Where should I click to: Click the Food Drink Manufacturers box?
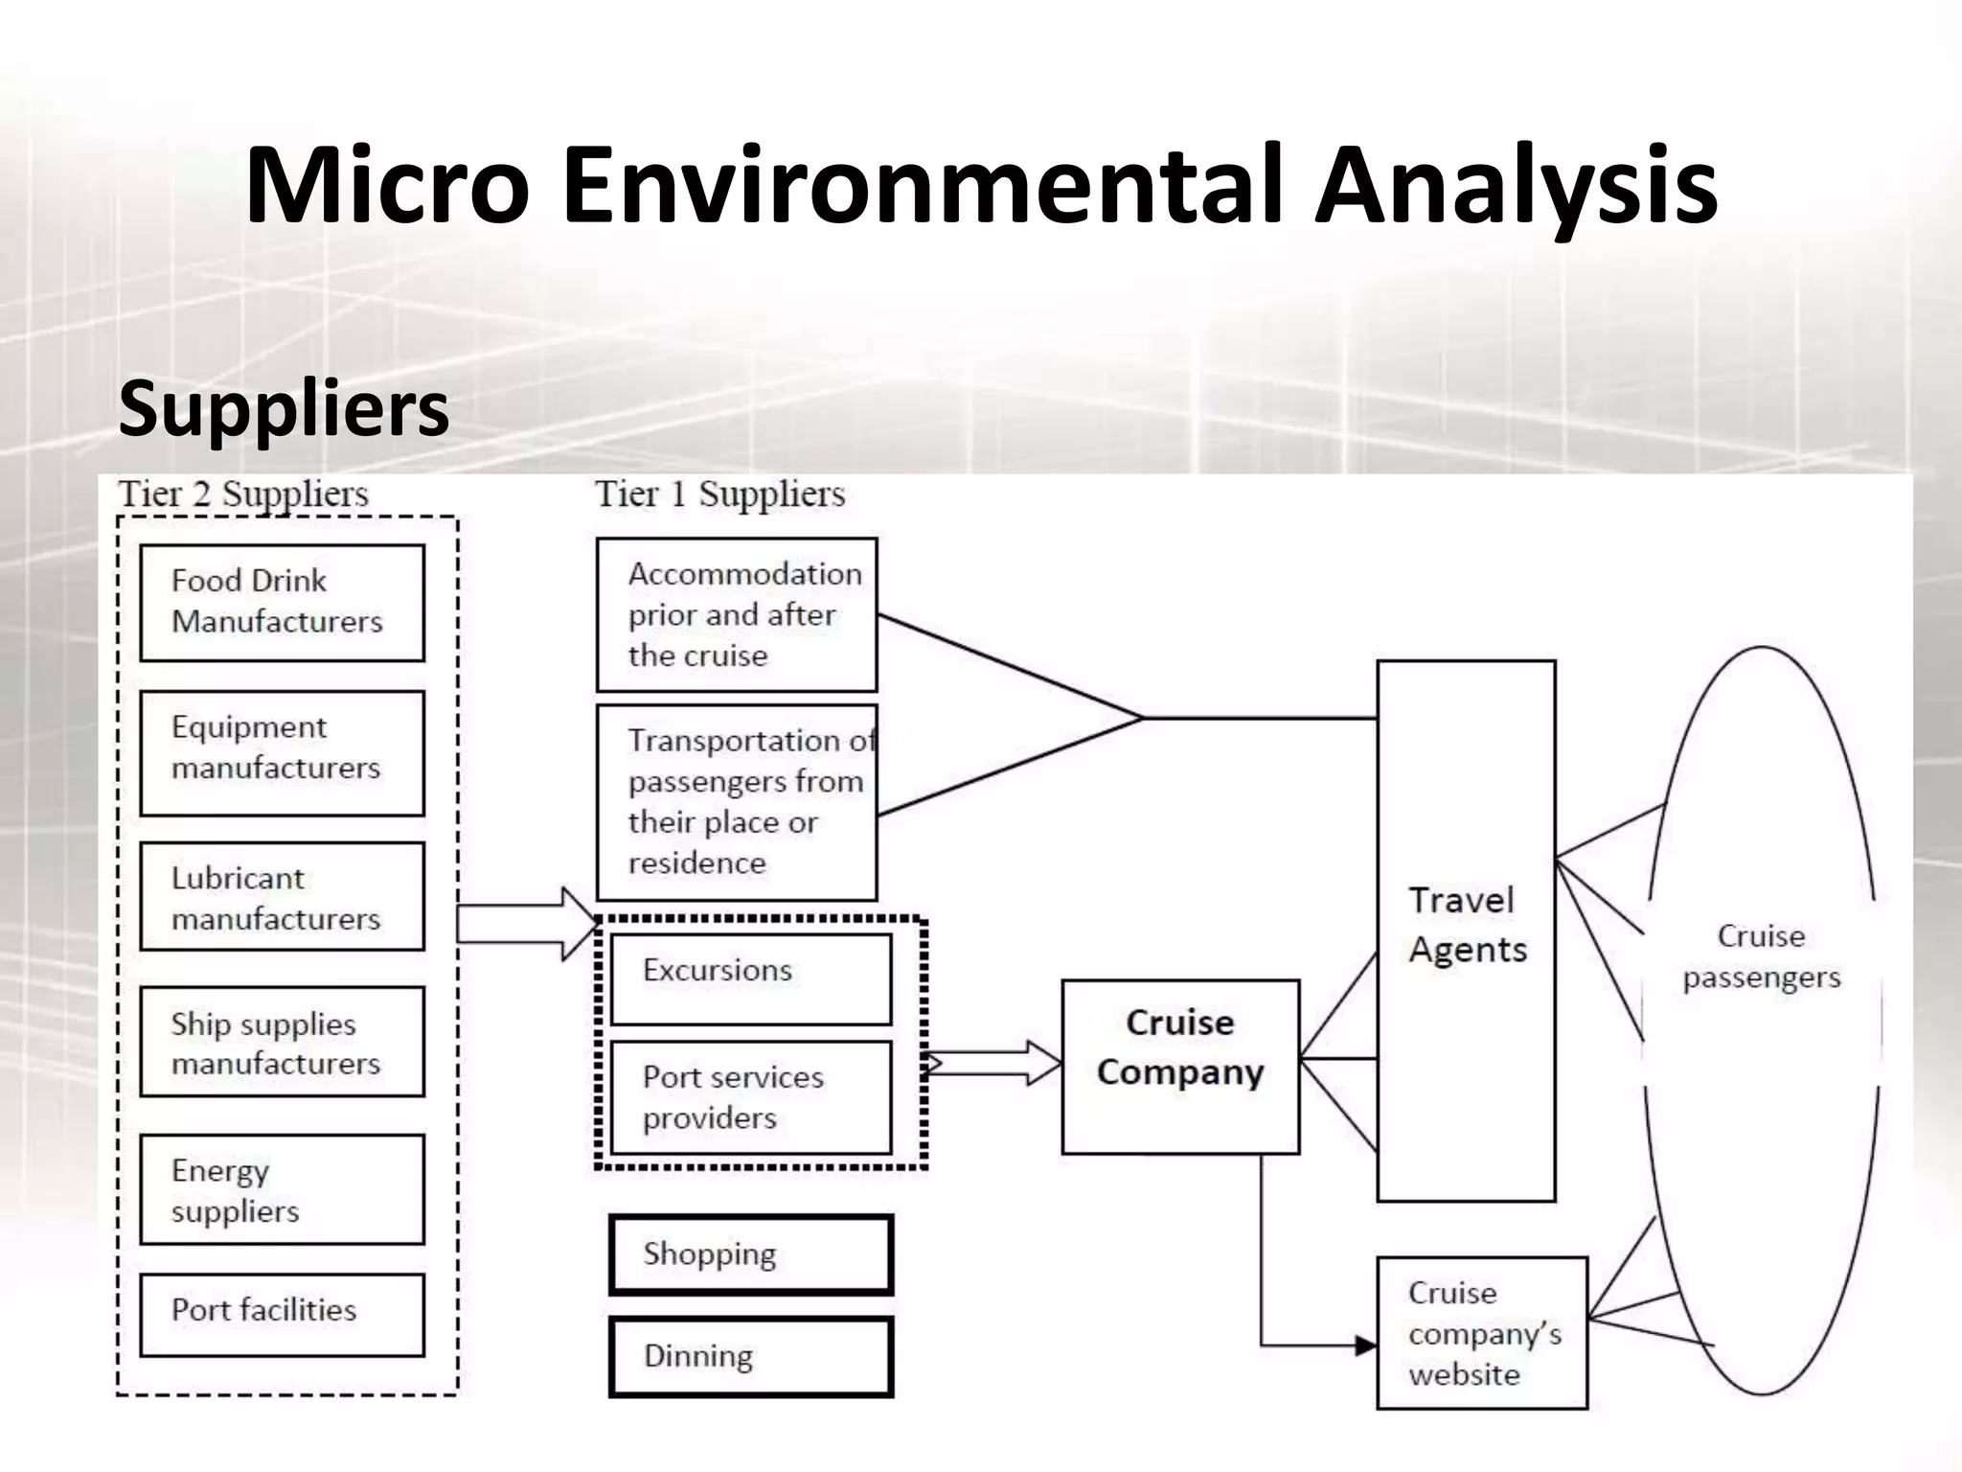coord(282,602)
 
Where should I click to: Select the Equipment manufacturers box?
coord(282,752)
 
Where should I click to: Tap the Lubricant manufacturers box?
coord(282,896)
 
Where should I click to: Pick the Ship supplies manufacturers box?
coord(282,1042)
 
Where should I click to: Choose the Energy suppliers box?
coord(282,1189)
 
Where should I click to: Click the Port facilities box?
coord(282,1314)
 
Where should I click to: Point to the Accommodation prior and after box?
coord(736,614)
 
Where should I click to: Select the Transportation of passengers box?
coord(736,802)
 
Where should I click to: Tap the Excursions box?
coord(750,978)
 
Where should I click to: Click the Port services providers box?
coord(750,1097)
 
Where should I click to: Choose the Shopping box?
coord(750,1254)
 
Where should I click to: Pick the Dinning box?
coord(750,1357)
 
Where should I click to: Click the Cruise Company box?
coord(1180,1067)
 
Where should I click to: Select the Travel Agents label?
coord(1466,925)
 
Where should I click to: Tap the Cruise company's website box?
coord(1482,1333)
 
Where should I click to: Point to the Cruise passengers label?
coord(1761,956)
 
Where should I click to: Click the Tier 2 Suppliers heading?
coord(243,494)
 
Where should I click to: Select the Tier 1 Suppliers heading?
coord(719,494)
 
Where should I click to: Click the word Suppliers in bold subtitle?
coord(284,408)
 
